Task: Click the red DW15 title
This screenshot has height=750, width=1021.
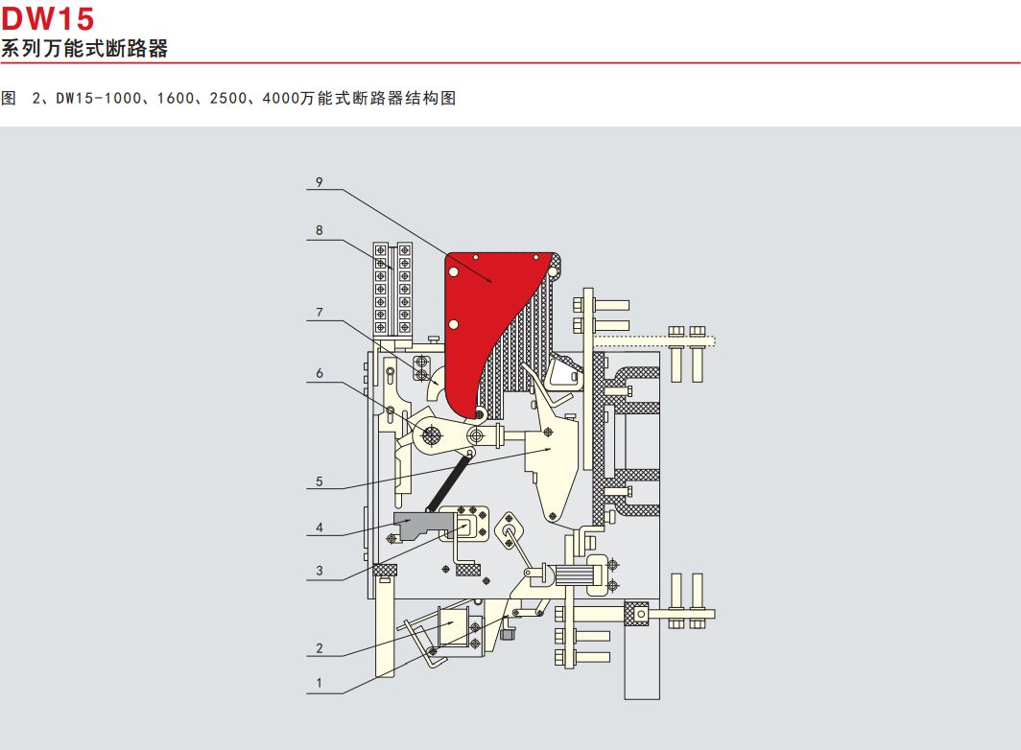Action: click(48, 18)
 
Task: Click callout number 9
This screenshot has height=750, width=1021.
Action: click(319, 182)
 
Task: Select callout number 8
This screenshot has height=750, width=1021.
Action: click(319, 230)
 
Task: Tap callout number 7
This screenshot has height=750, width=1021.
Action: click(319, 313)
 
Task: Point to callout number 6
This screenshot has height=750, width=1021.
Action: click(319, 373)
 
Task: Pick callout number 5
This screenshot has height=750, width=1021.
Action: click(319, 481)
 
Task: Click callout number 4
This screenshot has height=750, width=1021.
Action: click(319, 527)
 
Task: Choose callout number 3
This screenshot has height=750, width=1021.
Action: click(319, 571)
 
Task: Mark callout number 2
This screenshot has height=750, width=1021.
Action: click(319, 648)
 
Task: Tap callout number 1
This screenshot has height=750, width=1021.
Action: click(319, 683)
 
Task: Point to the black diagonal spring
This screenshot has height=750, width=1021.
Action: click(448, 483)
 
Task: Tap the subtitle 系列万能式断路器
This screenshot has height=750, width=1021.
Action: click(84, 48)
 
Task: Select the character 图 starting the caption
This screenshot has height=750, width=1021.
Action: click(9, 99)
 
